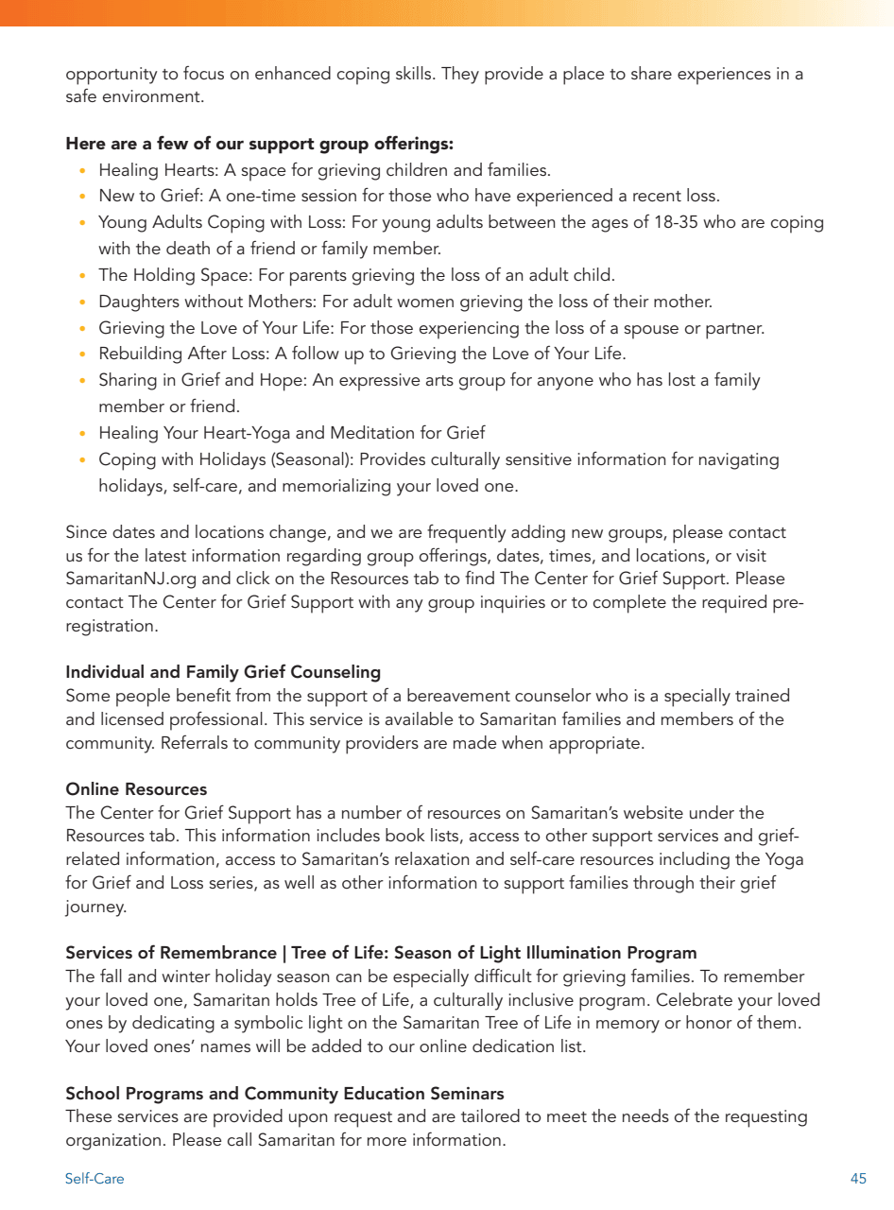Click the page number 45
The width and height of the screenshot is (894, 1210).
pos(858,1179)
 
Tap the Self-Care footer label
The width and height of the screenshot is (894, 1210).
pos(95,1179)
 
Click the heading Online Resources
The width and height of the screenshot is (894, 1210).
pos(136,789)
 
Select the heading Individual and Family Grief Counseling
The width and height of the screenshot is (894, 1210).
pos(223,672)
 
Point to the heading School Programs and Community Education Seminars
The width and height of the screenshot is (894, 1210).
pos(284,1094)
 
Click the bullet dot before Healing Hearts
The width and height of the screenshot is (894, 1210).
pos(83,171)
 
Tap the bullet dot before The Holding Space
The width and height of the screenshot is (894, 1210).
pos(83,276)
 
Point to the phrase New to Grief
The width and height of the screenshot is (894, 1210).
pos(144,197)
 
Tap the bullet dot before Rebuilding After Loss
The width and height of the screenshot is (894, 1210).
pos(83,354)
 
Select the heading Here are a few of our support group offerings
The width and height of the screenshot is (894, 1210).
pos(260,145)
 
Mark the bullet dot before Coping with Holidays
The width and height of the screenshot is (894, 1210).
pos(83,460)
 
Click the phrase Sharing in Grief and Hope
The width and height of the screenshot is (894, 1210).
pos(198,381)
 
